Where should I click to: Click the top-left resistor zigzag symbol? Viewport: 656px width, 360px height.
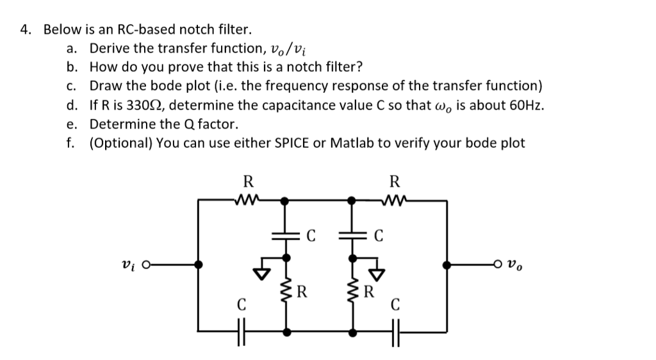tap(246, 200)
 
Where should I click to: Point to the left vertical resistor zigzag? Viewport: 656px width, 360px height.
tap(286, 296)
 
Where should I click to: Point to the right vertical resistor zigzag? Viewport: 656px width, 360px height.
tap(352, 296)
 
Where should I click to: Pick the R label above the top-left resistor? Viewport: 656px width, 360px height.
tap(245, 180)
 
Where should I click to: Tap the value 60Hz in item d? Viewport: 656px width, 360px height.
tap(527, 105)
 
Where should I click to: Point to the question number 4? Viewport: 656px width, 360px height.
tap(25, 30)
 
